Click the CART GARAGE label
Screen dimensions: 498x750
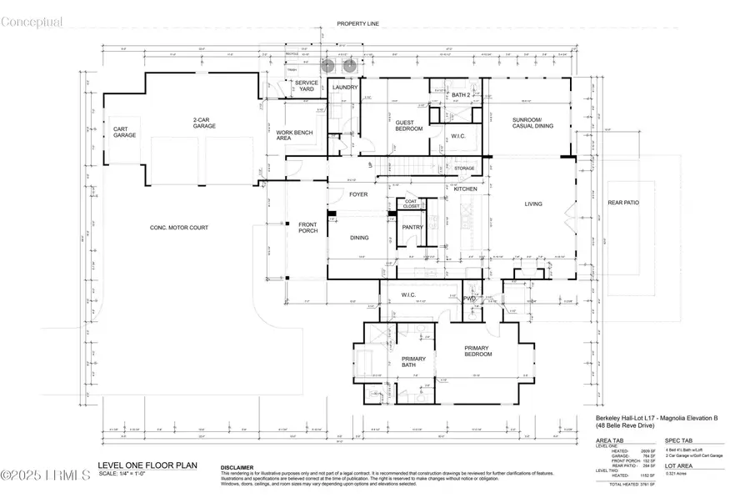pyautogui.click(x=125, y=132)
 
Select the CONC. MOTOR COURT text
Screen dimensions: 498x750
pyautogui.click(x=178, y=228)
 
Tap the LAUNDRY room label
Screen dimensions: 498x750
pyautogui.click(x=345, y=87)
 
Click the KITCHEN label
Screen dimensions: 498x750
pyautogui.click(x=465, y=189)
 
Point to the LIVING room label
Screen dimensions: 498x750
pyautogui.click(x=533, y=204)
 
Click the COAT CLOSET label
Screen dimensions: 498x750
pyautogui.click(x=411, y=203)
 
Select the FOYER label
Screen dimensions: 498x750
pyautogui.click(x=358, y=194)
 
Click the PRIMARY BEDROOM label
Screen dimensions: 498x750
pyautogui.click(x=478, y=351)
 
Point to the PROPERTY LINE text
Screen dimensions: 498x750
pyautogui.click(x=358, y=24)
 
